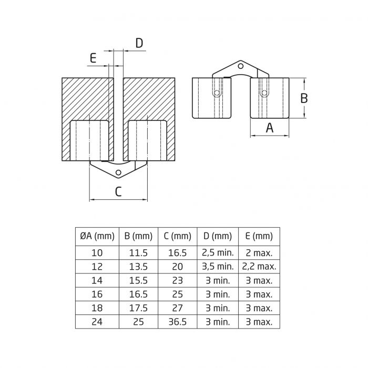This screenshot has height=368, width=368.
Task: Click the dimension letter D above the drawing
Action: pyautogui.click(x=139, y=43)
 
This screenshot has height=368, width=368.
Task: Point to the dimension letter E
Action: pyautogui.click(x=93, y=58)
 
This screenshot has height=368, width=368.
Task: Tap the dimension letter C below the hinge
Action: pyautogui.click(x=118, y=191)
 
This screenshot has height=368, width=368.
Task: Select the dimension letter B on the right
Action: pyautogui.click(x=304, y=98)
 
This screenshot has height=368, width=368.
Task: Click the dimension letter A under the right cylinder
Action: pyautogui.click(x=270, y=127)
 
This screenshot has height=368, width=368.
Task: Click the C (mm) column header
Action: pyautogui.click(x=177, y=237)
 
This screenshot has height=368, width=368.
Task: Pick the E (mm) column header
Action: pyautogui.click(x=259, y=237)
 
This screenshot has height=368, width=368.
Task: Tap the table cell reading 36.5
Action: pyautogui.click(x=177, y=322)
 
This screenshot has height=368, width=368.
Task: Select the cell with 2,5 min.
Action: pyautogui.click(x=218, y=252)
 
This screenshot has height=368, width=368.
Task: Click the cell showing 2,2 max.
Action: pyautogui.click(x=259, y=267)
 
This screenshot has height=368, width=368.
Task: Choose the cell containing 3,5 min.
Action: pyautogui.click(x=218, y=267)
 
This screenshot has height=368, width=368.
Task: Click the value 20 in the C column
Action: pyautogui.click(x=177, y=267)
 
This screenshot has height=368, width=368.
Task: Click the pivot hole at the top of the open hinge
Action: pyautogui.click(x=241, y=66)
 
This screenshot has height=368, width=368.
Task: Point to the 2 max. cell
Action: pyautogui.click(x=259, y=252)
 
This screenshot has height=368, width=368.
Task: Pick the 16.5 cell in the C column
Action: pyautogui.click(x=177, y=252)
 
